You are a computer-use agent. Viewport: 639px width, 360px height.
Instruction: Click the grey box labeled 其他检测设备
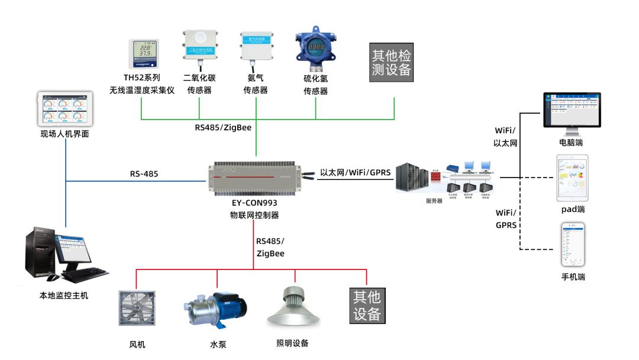391,62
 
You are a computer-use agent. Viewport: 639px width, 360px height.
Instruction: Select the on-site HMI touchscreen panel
64,109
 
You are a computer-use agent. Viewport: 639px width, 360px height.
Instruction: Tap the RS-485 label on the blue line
144,174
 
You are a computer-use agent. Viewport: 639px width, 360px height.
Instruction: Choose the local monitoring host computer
65,255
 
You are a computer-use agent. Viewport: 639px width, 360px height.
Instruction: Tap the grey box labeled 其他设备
367,305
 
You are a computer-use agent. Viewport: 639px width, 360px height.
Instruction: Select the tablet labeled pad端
572,178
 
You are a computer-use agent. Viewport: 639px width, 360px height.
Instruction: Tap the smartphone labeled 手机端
573,245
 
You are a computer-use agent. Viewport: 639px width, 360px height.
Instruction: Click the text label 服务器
434,201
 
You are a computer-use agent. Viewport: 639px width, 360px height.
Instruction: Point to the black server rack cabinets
413,177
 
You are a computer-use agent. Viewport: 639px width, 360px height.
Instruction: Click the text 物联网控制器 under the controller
254,215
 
